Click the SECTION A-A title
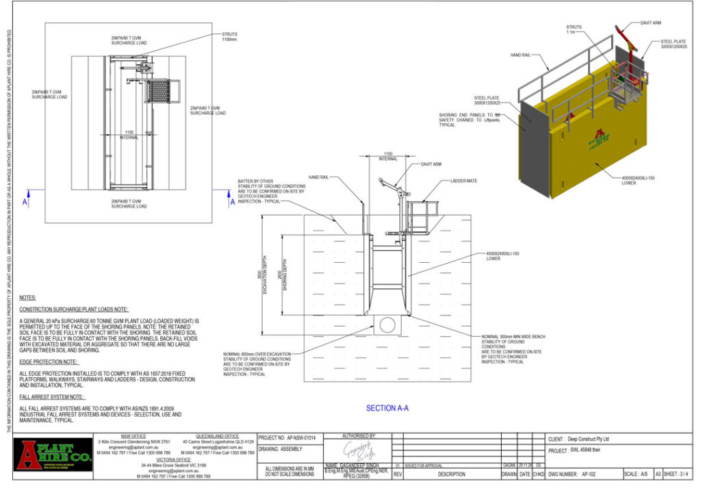[387, 408]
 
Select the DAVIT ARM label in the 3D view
[651, 23]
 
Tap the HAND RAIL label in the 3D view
[520, 54]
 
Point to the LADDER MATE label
[463, 181]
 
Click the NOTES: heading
[28, 298]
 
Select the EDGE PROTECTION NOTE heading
[49, 361]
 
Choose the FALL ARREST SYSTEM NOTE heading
[52, 396]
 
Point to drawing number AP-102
[593, 473]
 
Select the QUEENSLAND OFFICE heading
[218, 436]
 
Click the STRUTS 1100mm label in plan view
[230, 36]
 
